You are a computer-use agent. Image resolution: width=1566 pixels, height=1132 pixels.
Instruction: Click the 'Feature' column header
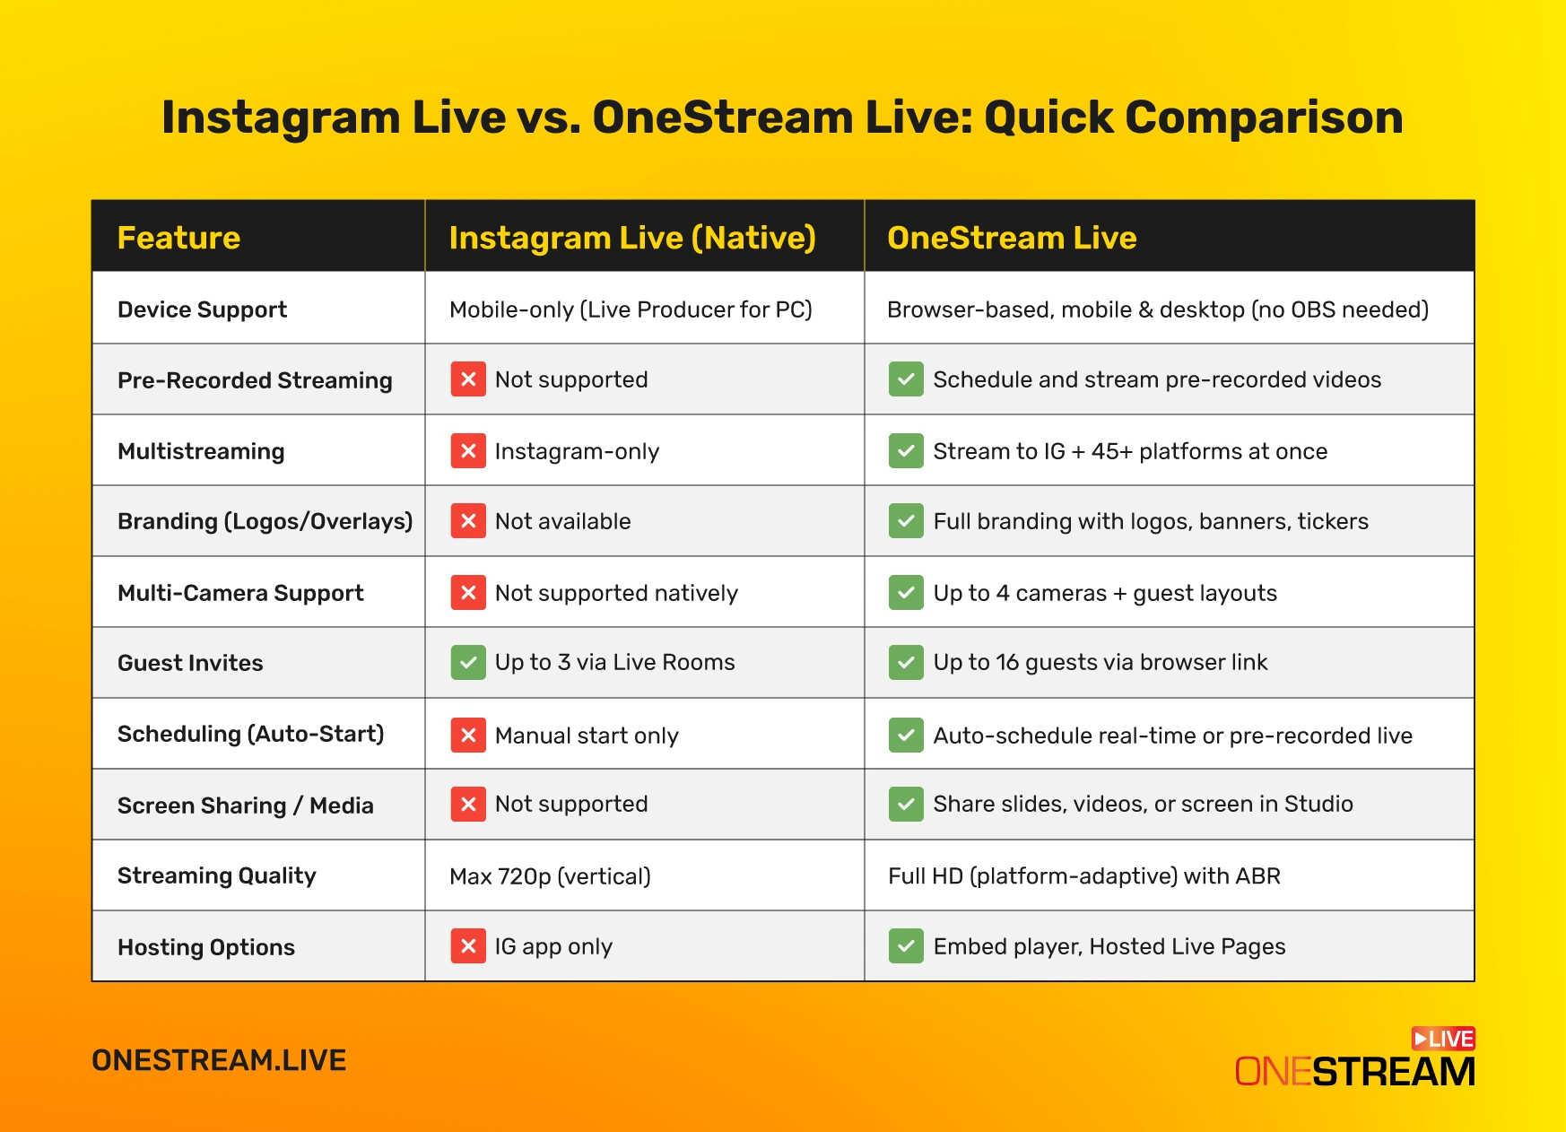pyautogui.click(x=178, y=238)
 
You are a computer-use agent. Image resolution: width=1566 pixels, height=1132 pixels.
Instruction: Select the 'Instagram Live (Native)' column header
pyautogui.click(x=632, y=238)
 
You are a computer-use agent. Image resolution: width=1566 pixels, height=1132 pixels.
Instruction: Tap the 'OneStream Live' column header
pyautogui.click(x=1012, y=238)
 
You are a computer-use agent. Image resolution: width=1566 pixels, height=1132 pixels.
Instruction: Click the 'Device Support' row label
pyautogui.click(x=202, y=309)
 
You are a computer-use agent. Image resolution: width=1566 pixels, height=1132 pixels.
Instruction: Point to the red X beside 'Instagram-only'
pyautogui.click(x=468, y=450)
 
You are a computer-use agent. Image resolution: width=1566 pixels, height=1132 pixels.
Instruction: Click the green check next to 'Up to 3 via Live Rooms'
pyautogui.click(x=468, y=663)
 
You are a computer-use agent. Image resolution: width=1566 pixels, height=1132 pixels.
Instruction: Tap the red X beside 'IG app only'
pyautogui.click(x=468, y=946)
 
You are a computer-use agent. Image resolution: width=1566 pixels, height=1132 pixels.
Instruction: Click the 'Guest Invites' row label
pyautogui.click(x=190, y=663)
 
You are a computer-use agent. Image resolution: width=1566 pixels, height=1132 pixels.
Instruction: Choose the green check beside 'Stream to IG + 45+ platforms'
pyautogui.click(x=906, y=450)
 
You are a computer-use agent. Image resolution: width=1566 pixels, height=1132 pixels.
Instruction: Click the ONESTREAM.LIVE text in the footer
pyautogui.click(x=219, y=1060)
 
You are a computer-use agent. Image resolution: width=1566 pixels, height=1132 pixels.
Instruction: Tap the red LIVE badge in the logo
pyautogui.click(x=1443, y=1039)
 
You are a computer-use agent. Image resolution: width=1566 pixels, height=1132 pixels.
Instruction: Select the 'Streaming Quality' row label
pyautogui.click(x=217, y=876)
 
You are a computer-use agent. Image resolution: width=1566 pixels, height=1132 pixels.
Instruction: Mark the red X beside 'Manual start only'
pyautogui.click(x=468, y=736)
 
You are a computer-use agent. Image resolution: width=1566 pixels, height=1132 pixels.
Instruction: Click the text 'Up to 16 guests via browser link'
pyautogui.click(x=1100, y=663)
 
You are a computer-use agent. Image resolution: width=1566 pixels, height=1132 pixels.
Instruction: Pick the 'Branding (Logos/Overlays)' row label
pyautogui.click(x=265, y=521)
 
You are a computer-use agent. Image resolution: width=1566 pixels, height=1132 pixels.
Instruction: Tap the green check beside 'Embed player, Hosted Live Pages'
pyautogui.click(x=906, y=946)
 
